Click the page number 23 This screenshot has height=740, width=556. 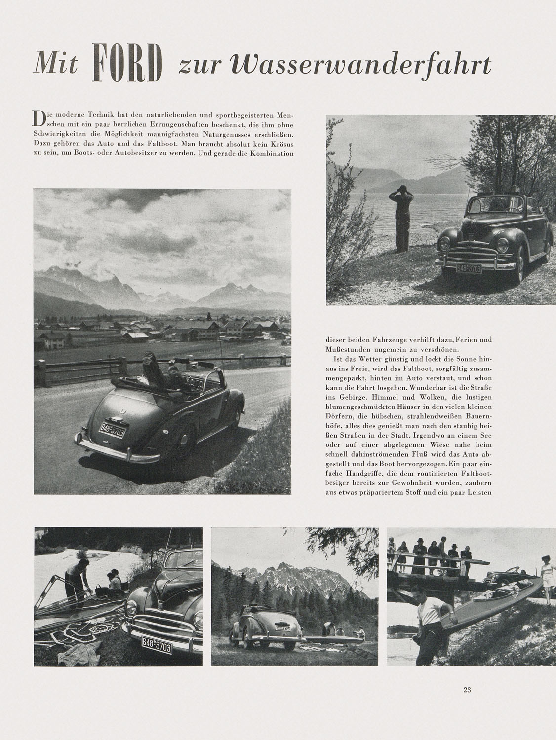pos(467,690)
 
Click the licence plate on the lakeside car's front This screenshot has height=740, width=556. pos(468,268)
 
